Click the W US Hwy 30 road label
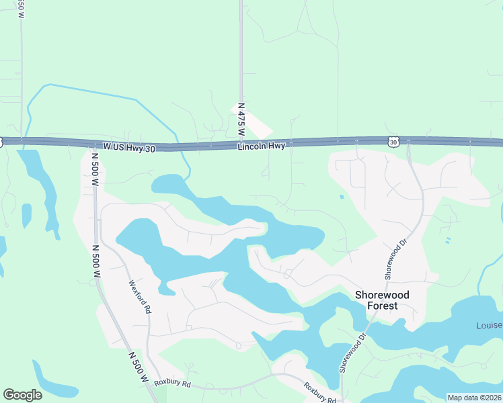point(128,146)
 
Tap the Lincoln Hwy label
point(262,145)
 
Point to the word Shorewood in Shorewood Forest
point(382,295)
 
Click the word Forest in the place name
point(382,306)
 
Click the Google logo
point(22,395)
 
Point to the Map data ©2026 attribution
point(474,398)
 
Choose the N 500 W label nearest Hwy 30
point(95,170)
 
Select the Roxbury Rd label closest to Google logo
point(173,384)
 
